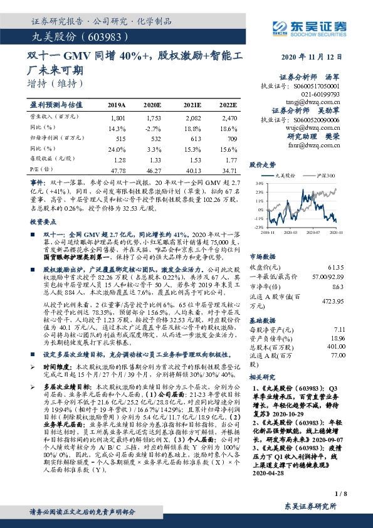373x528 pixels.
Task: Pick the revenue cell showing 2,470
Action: [228, 118]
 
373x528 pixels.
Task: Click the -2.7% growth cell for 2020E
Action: [153, 128]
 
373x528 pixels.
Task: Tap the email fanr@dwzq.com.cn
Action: [318, 144]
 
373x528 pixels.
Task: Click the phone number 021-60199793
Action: [322, 92]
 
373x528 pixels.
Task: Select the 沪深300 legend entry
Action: [325, 177]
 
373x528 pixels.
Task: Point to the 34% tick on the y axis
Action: [259, 184]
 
